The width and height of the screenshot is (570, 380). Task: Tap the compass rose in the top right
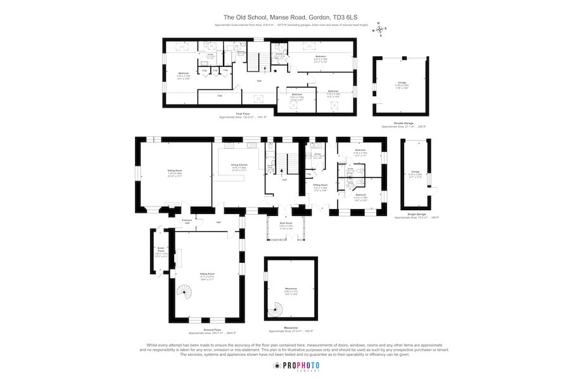tap(379, 28)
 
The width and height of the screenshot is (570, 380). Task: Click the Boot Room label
tap(286, 224)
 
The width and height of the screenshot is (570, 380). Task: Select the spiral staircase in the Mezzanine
tap(275, 309)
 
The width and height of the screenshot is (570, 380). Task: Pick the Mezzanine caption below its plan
tap(291, 329)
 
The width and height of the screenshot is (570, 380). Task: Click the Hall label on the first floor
tap(259, 81)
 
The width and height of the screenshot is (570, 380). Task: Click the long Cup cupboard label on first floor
tap(219, 96)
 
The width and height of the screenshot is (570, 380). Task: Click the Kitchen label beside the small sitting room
tap(318, 155)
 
